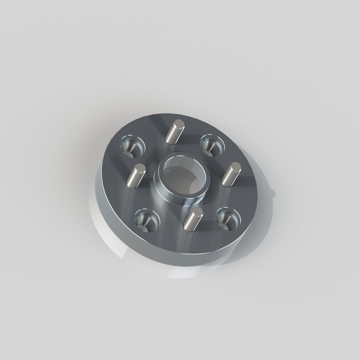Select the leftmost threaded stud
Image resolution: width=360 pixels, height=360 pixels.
pos(135,177)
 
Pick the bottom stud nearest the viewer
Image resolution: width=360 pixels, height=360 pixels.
pos(192,220)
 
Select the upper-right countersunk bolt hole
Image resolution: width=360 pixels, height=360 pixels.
pos(211,145)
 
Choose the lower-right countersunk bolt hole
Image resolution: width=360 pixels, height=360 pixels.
pos(228,220)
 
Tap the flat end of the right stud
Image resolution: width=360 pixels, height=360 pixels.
pos(236,166)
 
